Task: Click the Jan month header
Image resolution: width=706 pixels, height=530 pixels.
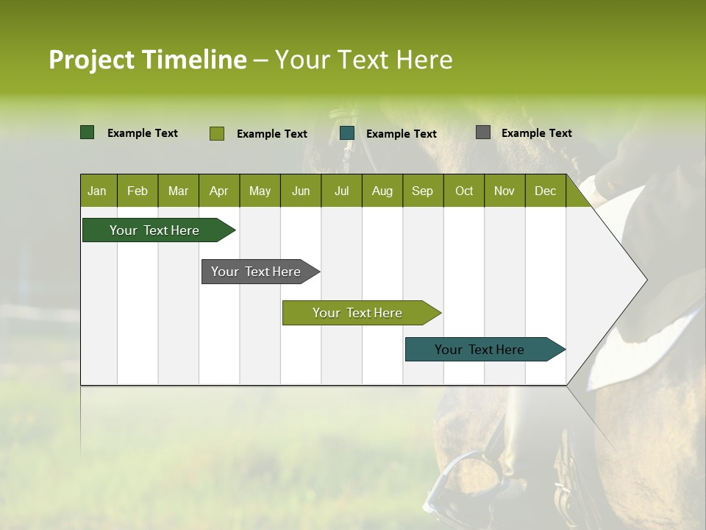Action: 97,191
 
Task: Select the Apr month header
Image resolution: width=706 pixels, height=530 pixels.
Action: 218,191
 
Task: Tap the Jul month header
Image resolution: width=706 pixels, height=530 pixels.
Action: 341,191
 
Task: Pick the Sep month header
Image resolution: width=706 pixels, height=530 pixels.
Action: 422,191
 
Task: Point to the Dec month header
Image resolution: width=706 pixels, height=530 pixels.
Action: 545,191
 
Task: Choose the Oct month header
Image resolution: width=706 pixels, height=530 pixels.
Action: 464,191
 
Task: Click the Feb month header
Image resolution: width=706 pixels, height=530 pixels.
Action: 138,191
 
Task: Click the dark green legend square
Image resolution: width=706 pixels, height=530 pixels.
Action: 88,132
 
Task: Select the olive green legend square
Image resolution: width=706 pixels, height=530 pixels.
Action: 217,133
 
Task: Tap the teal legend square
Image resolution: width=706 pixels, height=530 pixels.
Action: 347,133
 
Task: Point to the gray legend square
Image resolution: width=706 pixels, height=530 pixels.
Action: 483,132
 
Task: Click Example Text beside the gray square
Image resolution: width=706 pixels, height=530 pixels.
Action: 536,133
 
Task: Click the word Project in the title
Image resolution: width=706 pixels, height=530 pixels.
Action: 91,60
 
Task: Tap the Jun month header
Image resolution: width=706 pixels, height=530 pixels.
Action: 301,191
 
